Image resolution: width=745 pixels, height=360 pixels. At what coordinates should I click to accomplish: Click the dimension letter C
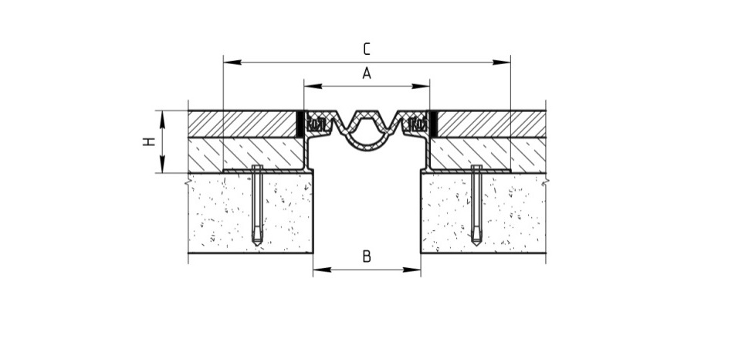(x=366, y=49)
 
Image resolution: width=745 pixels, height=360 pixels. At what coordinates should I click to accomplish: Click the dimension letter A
(x=366, y=73)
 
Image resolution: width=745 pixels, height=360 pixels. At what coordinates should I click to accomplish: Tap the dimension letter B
(x=366, y=256)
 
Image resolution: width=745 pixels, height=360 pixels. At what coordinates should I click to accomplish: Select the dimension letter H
(x=149, y=141)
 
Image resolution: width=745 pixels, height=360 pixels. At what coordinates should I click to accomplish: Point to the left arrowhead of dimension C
(x=232, y=63)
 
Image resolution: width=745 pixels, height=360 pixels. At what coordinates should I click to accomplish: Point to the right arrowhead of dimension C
(x=502, y=63)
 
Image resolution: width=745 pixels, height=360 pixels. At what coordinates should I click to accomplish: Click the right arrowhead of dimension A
(x=421, y=87)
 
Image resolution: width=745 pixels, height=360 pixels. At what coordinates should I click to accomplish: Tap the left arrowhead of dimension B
(x=322, y=270)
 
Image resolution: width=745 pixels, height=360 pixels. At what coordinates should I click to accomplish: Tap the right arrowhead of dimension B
(x=411, y=270)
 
